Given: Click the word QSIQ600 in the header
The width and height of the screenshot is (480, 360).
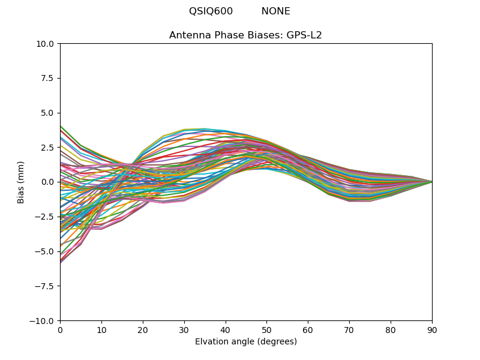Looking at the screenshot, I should pyautogui.click(x=211, y=11).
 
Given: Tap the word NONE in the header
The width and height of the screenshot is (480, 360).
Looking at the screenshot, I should pyautogui.click(x=275, y=11).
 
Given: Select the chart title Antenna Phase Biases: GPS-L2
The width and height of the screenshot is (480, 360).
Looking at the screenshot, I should pyautogui.click(x=245, y=35).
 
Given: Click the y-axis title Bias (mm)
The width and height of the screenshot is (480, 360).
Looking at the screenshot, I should pyautogui.click(x=22, y=182).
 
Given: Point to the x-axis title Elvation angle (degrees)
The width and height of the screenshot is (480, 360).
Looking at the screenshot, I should pyautogui.click(x=245, y=342).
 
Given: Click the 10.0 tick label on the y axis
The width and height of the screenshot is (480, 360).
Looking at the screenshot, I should pyautogui.click(x=47, y=44).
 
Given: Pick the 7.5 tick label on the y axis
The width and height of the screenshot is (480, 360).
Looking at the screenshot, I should pyautogui.click(x=49, y=79).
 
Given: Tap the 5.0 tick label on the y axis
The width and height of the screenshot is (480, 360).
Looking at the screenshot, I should pyautogui.click(x=49, y=113).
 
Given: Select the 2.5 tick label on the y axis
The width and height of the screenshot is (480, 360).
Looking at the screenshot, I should pyautogui.click(x=49, y=148).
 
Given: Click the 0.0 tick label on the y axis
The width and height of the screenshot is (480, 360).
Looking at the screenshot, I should pyautogui.click(x=49, y=182).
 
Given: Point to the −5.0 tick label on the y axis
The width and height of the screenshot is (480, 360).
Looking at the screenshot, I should pyautogui.click(x=46, y=251).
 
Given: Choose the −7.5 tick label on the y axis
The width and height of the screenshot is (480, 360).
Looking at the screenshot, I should pyautogui.click(x=46, y=286).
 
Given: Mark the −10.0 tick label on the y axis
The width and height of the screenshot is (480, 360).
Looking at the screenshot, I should pyautogui.click(x=43, y=321).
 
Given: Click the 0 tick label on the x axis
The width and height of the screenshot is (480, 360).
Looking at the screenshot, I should pyautogui.click(x=60, y=330).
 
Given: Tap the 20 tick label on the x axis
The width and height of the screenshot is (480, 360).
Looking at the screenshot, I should pyautogui.click(x=143, y=330).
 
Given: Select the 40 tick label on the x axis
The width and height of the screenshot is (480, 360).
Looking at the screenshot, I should pyautogui.click(x=226, y=330).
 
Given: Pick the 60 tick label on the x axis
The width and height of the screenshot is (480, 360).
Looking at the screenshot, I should pyautogui.click(x=308, y=330).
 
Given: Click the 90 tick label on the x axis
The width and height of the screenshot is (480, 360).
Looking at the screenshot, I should pyautogui.click(x=432, y=330).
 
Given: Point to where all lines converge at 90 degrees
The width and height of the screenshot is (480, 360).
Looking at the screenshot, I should pyautogui.click(x=431, y=182).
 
